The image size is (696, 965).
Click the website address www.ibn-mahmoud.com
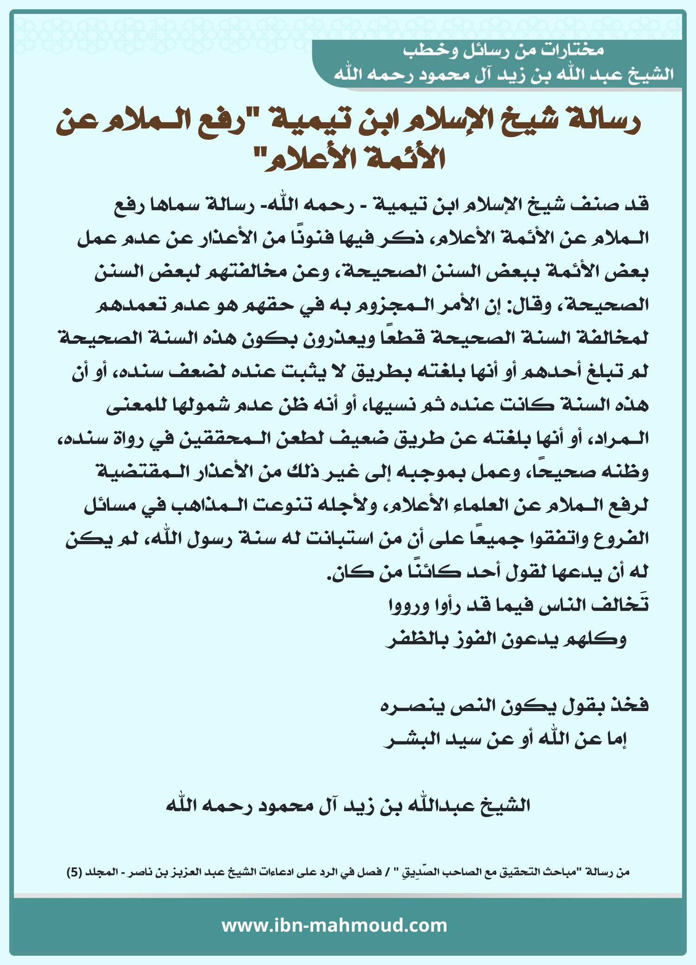coord(334,926)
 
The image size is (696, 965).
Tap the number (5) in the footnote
coord(74,872)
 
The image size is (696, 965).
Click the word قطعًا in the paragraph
coord(399,338)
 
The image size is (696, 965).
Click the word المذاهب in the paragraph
coord(295,505)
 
